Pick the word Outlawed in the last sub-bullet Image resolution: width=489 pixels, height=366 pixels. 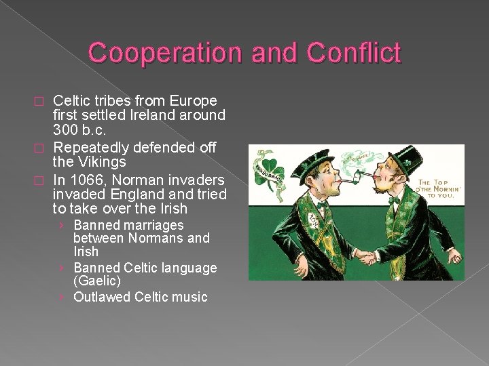click(x=102, y=297)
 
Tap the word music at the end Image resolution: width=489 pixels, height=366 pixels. click(x=190, y=297)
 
